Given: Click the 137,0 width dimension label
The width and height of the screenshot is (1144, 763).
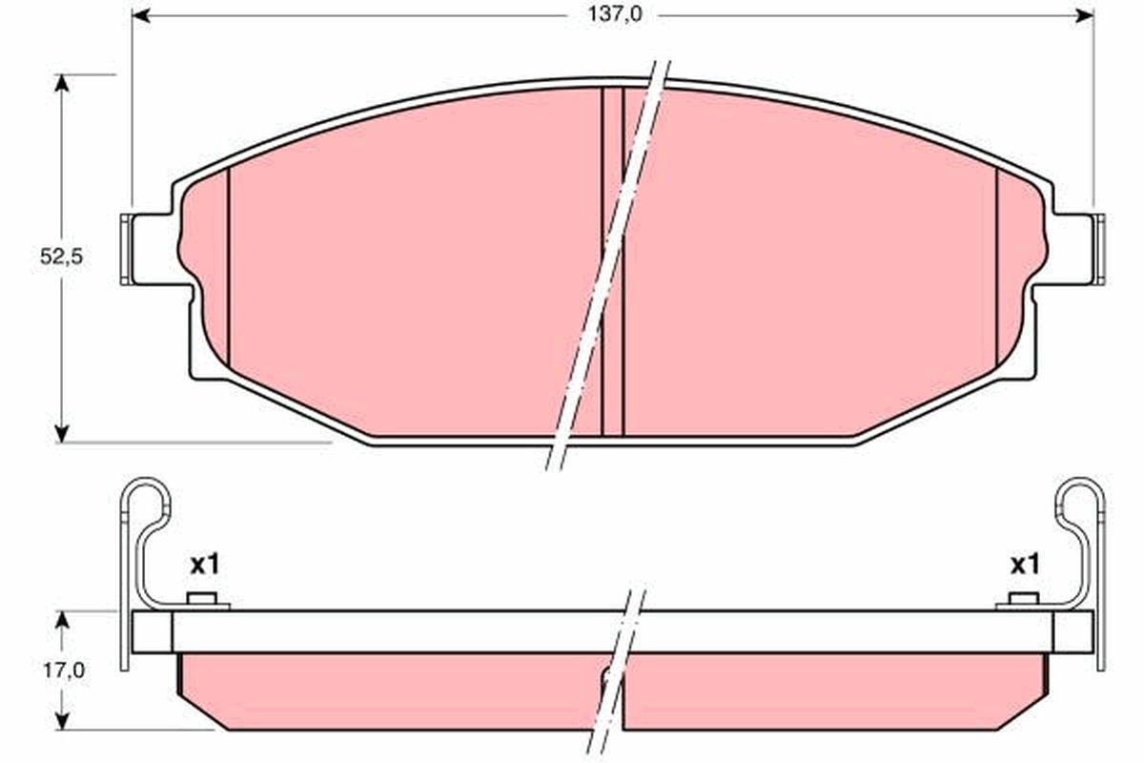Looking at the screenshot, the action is (x=615, y=15).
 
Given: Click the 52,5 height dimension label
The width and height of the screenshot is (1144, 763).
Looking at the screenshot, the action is (x=61, y=257).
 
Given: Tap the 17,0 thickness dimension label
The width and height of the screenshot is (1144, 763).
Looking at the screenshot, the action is (x=63, y=670).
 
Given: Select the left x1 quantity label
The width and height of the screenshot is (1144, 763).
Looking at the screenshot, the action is (x=205, y=566).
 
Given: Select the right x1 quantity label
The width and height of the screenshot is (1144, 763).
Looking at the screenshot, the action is (x=1025, y=566).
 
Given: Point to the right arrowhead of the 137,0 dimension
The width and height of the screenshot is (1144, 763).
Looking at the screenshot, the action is (x=1085, y=16).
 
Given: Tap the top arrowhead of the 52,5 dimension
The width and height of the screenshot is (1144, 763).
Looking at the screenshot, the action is (x=61, y=83).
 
